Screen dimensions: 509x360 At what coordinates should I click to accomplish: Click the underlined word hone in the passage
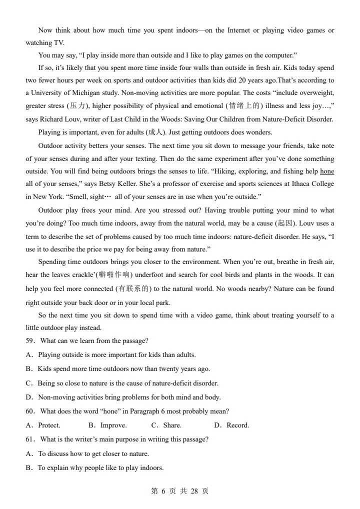[x=327, y=171]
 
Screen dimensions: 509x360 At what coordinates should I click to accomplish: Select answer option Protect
[x=49, y=425]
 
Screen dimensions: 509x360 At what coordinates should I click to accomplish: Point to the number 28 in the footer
[x=194, y=491]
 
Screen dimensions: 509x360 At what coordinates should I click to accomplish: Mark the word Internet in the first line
[x=239, y=30]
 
